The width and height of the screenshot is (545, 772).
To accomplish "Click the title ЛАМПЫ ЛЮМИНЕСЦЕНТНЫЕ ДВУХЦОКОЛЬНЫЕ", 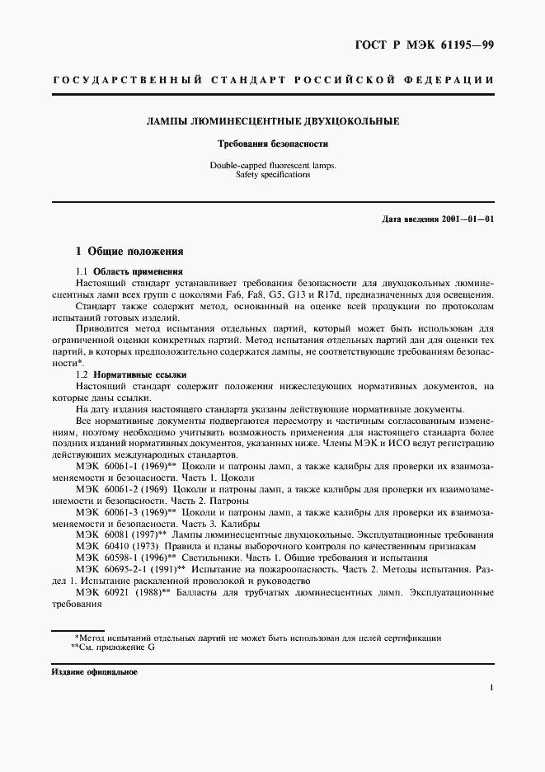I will (273, 121).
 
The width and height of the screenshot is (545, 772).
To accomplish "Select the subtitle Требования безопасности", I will (272, 144).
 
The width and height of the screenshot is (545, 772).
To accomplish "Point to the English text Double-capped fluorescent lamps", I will (272, 165).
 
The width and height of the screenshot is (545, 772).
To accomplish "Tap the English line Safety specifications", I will (272, 175).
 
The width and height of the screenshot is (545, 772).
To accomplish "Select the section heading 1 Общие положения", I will (129, 251).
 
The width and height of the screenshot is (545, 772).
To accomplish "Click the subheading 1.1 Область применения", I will (129, 271).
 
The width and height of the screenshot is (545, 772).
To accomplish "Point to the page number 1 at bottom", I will (491, 687).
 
